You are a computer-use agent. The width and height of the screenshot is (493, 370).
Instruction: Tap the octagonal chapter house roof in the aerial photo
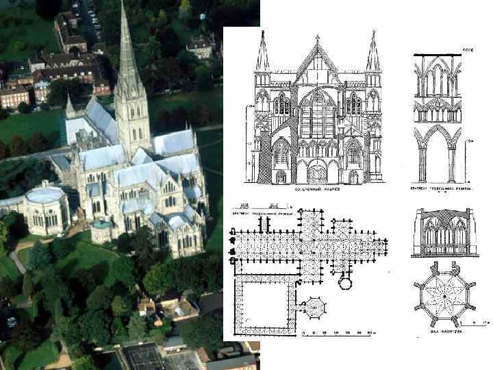point(45,196)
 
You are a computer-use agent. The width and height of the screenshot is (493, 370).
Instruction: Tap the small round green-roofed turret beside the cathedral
point(101,225)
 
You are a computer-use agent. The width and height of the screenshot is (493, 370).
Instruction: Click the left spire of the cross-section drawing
point(262,53)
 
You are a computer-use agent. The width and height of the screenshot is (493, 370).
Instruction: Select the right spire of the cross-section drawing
point(373,53)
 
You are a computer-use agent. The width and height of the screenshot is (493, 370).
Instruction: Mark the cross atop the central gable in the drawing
point(318,38)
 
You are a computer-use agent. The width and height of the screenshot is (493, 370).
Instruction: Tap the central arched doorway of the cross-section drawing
point(318,171)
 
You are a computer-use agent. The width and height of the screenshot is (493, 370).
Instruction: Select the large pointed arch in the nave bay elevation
point(438,151)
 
